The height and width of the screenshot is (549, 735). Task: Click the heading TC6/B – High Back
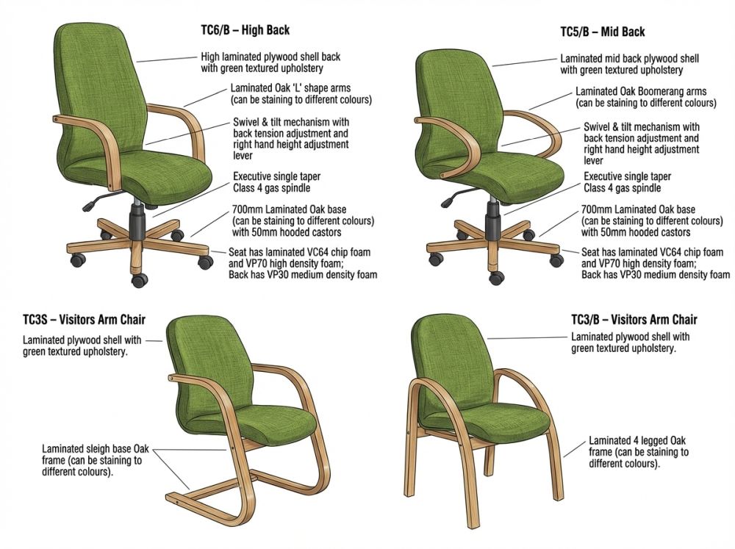245,30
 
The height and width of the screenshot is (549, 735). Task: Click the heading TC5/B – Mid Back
603,32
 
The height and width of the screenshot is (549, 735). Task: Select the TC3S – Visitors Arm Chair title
85,320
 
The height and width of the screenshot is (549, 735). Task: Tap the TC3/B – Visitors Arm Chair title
634,320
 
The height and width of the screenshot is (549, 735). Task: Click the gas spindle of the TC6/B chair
137,218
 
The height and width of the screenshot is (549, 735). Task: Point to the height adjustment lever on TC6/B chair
97,201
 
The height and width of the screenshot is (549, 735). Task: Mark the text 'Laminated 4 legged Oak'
637,441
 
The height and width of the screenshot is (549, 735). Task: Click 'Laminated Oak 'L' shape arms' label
290,88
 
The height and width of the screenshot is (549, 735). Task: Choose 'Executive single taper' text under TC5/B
627,176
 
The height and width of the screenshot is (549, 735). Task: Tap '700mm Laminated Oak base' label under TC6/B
289,209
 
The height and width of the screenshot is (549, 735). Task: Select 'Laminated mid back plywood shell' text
630,59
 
